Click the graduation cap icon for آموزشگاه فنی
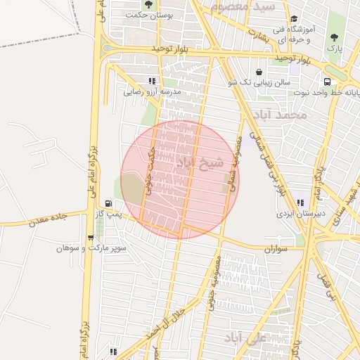pos(294,20)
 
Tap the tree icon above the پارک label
pos(333,38)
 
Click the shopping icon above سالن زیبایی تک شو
pos(259,72)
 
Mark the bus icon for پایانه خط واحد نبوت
pos(328,82)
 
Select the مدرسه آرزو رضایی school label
pos(153,91)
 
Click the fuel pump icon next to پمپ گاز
pos(108,203)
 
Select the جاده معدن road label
pos(47,219)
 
